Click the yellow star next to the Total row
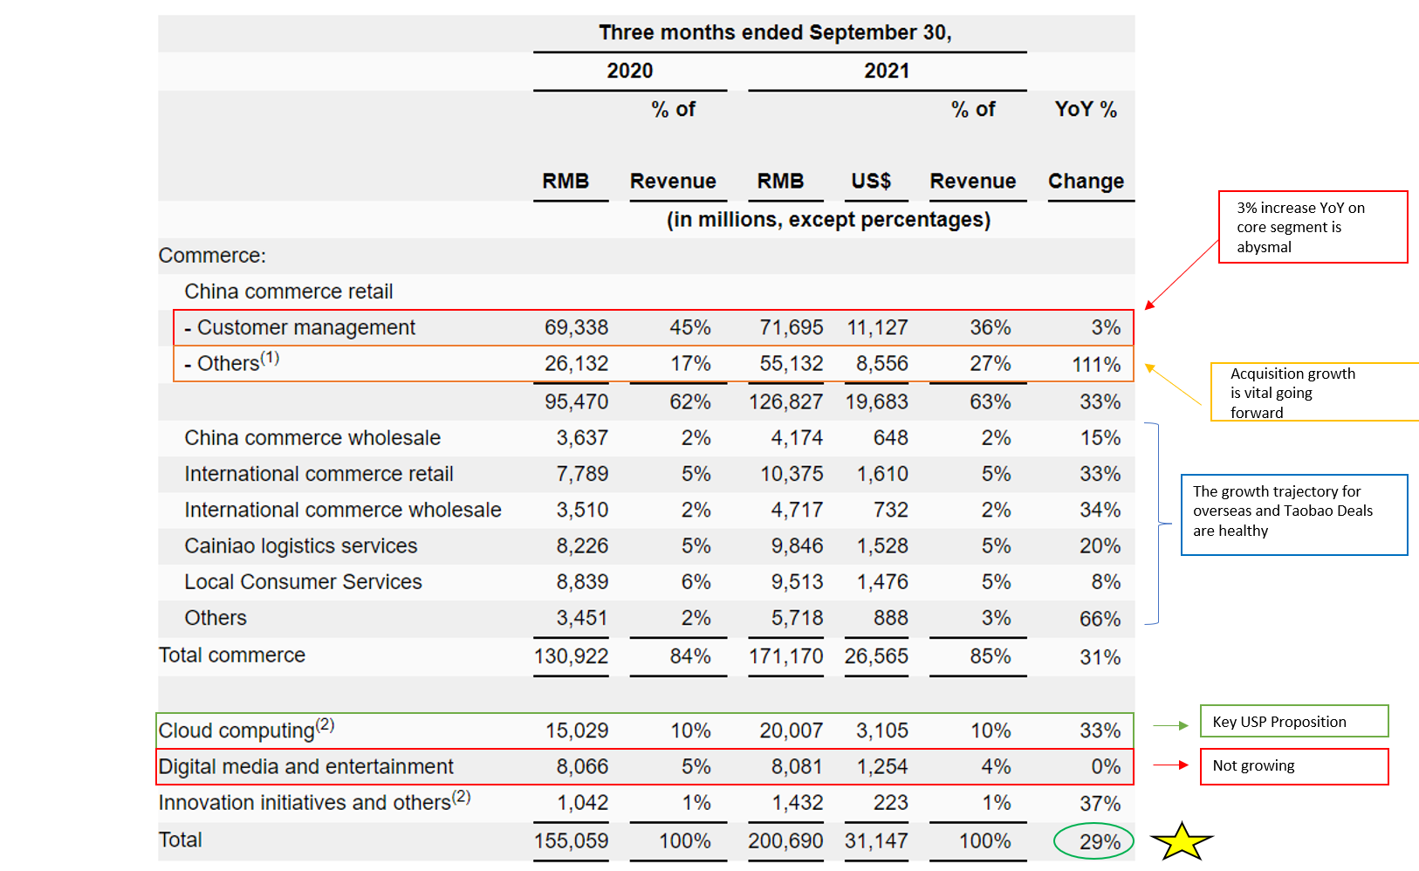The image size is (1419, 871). click(x=1182, y=842)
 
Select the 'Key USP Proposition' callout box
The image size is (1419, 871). click(x=1294, y=721)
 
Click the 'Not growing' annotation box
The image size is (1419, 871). click(x=1294, y=766)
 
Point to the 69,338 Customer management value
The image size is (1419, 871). click(x=576, y=327)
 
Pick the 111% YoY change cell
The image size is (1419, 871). click(x=1096, y=364)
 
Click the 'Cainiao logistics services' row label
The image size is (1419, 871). click(x=301, y=545)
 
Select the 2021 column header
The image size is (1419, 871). click(x=887, y=71)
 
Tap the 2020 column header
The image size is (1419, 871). click(x=630, y=71)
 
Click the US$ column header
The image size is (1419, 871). click(x=871, y=182)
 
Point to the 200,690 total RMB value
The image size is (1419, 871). click(x=785, y=841)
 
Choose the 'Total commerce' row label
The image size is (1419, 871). click(x=232, y=655)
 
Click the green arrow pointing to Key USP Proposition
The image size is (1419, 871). click(x=1170, y=725)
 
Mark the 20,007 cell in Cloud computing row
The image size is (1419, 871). click(x=792, y=730)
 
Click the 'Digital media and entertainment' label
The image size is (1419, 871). click(x=306, y=766)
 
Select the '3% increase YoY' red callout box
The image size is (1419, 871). click(x=1313, y=227)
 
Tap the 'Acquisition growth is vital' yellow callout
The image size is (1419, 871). click(x=1314, y=392)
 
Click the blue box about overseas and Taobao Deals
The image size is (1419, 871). click(x=1294, y=514)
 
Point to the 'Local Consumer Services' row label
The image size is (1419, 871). click(x=303, y=581)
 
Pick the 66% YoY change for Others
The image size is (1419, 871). click(x=1100, y=618)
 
